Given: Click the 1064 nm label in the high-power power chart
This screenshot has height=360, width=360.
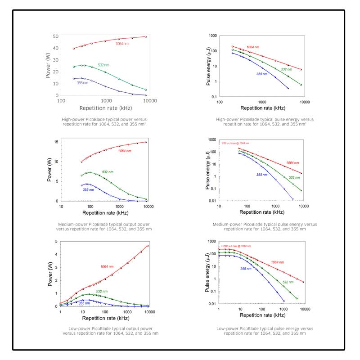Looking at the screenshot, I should [x=123, y=44].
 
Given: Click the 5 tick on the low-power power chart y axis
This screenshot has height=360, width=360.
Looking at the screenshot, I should [x=56, y=242].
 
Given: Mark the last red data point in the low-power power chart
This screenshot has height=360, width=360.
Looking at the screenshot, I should [x=148, y=246].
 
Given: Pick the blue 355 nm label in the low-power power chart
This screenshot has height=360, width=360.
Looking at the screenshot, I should [x=84, y=303].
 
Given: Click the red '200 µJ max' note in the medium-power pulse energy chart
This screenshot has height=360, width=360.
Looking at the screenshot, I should [x=237, y=143].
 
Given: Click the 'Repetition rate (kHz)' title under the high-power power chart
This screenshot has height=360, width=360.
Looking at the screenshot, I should [x=105, y=108].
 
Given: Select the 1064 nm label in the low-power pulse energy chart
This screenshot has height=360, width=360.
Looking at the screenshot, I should [x=277, y=262].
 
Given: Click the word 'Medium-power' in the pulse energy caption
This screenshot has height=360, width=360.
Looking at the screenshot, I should [x=234, y=224].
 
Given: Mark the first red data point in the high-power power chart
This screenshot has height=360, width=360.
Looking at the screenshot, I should [x=74, y=48].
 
